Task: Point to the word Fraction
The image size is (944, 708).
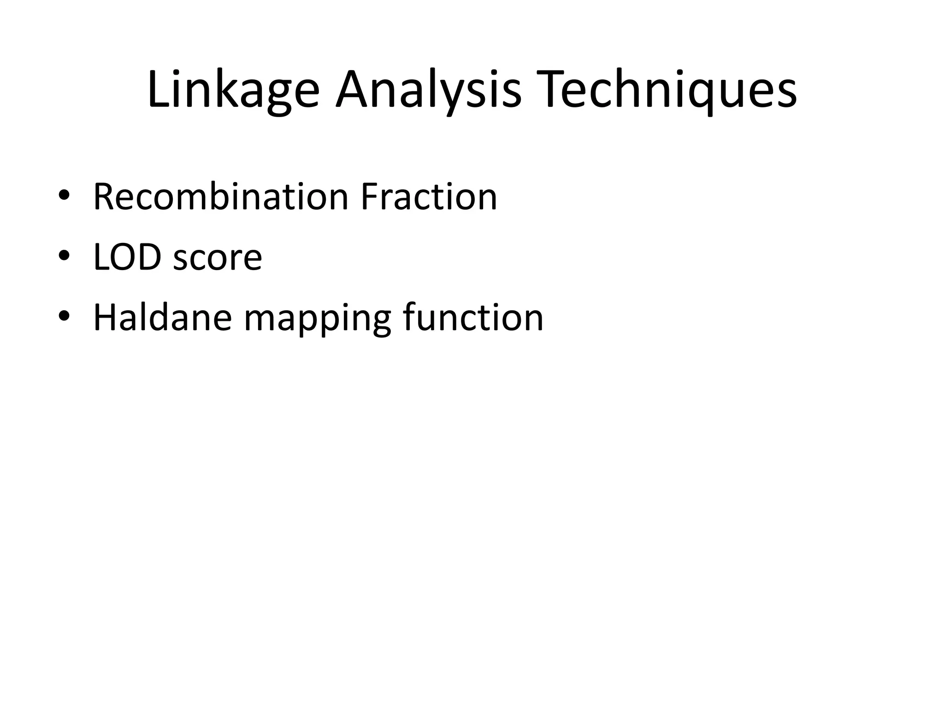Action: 429,197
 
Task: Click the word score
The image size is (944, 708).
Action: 218,258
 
